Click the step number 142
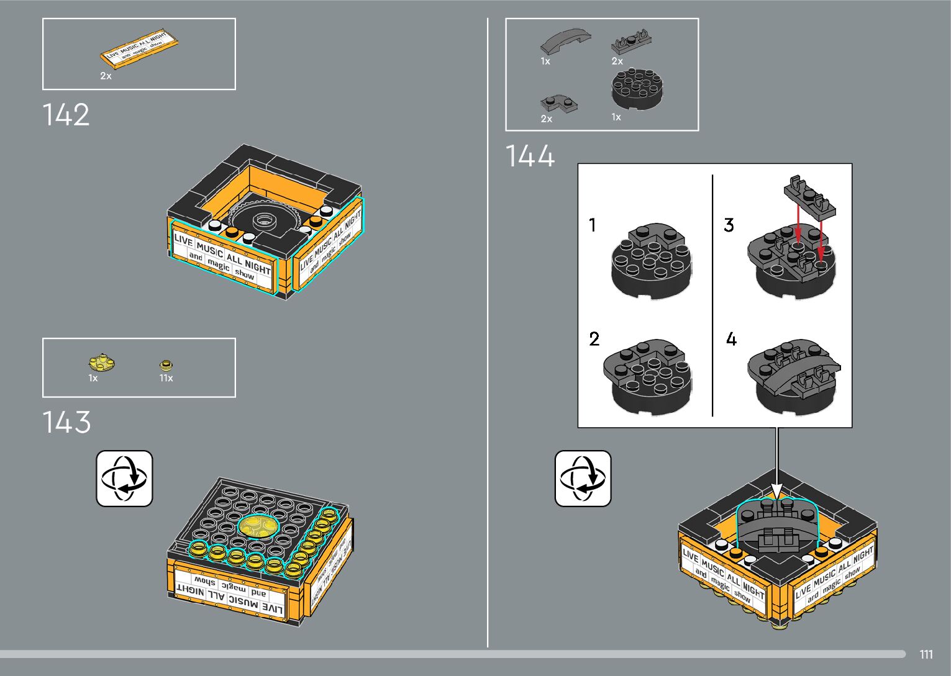point(66,115)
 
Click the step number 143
point(66,423)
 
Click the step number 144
point(529,156)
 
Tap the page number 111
point(926,655)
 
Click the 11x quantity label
point(166,378)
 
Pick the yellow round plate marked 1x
point(99,363)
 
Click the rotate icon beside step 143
point(124,479)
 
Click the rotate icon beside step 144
point(583,479)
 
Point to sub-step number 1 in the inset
point(593,225)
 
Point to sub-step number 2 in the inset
point(594,339)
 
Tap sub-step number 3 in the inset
point(729,225)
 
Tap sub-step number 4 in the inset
point(731,339)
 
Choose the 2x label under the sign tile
point(106,76)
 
